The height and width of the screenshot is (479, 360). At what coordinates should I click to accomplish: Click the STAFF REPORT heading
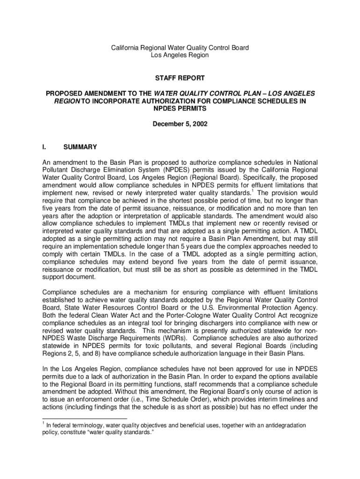click(x=180, y=78)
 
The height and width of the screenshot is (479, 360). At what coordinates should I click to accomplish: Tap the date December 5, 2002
click(x=180, y=124)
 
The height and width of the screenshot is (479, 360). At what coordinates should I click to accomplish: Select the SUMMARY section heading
click(x=80, y=147)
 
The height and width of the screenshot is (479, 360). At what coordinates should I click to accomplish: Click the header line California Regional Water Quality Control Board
click(x=180, y=48)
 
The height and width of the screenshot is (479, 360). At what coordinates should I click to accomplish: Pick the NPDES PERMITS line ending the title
click(x=180, y=108)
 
